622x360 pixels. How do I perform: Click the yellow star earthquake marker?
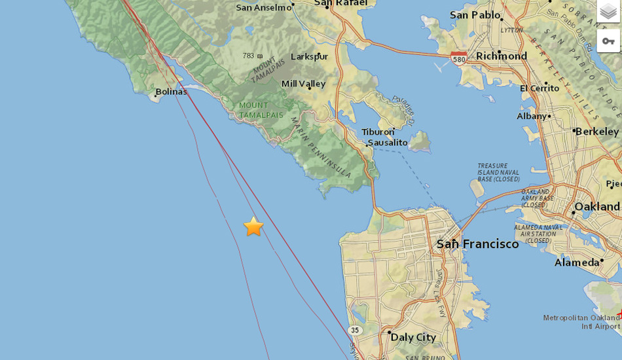click(x=253, y=227)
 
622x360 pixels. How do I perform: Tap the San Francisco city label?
click(x=477, y=244)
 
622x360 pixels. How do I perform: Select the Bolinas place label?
click(x=171, y=92)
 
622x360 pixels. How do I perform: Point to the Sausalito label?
click(x=387, y=142)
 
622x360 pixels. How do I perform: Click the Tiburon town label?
click(x=378, y=132)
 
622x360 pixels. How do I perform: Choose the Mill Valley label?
click(x=303, y=84)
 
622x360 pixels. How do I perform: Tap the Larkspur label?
click(x=309, y=56)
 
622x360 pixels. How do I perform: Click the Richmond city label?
click(x=502, y=56)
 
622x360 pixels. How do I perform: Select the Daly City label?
click(x=413, y=337)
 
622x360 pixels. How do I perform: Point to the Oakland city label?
click(x=596, y=207)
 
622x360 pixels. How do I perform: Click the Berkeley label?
click(x=596, y=132)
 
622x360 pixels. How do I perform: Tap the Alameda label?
click(x=577, y=262)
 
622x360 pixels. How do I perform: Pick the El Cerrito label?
click(x=540, y=88)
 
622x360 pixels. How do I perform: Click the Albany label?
click(x=531, y=116)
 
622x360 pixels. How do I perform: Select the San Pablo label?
click(x=475, y=14)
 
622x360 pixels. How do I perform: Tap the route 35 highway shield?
click(x=355, y=330)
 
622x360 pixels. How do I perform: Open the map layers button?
click(x=608, y=12)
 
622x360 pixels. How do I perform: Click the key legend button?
click(x=608, y=41)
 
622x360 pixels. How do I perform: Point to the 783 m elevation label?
click(x=252, y=56)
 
